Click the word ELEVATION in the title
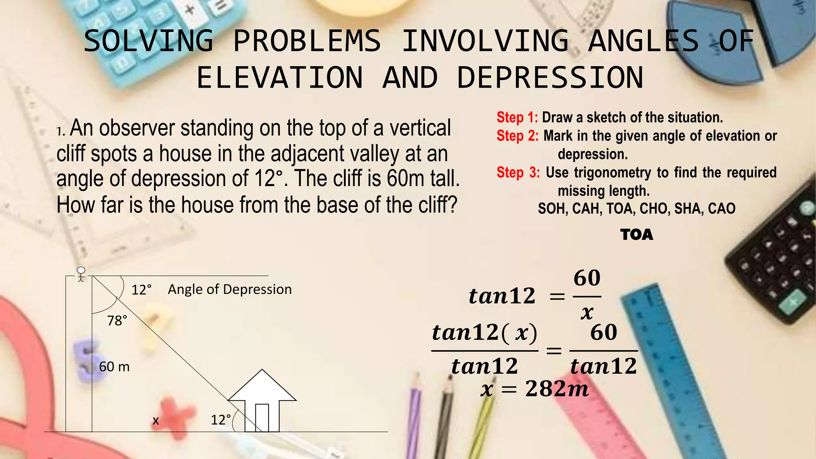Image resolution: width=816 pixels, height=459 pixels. [x=280, y=78]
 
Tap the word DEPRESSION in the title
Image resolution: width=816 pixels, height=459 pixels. [x=550, y=78]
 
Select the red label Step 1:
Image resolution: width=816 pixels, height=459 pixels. [x=517, y=118]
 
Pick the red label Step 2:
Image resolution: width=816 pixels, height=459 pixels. [x=517, y=136]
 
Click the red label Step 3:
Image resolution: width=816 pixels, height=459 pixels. [x=518, y=173]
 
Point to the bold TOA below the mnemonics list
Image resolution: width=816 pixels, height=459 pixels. [x=637, y=235]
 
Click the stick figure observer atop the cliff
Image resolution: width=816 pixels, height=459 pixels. [x=81, y=274]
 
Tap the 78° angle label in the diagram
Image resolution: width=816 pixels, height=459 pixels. [x=117, y=320]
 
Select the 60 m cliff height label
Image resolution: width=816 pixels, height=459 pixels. [x=114, y=367]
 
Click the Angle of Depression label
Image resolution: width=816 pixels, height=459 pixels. [x=229, y=289]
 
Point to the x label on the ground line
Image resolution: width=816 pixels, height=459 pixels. [x=156, y=420]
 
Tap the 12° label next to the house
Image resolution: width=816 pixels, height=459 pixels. [x=221, y=420]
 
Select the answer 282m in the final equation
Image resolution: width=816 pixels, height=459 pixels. [x=557, y=389]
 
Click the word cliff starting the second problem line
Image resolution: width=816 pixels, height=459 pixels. [x=71, y=154]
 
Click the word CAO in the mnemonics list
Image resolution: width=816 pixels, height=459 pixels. [x=721, y=208]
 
